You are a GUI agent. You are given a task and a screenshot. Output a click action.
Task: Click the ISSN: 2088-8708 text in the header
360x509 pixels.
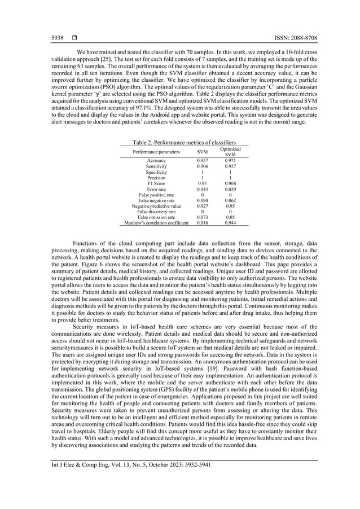tap(294, 38)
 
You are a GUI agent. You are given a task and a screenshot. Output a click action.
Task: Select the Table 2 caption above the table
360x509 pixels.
tap(184, 142)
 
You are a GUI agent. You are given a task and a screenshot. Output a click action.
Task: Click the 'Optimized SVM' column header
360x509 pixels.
tap(230, 152)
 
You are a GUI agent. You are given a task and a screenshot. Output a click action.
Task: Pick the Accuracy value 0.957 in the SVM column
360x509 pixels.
tap(202, 161)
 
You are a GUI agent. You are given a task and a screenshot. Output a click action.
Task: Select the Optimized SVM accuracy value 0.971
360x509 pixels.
tap(230, 161)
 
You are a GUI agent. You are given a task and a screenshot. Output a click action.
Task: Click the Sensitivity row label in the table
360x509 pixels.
tap(156, 166)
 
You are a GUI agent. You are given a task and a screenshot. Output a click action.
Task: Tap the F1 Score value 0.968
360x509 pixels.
tap(230, 183)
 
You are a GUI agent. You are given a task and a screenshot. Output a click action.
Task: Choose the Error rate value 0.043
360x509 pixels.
tap(202, 189)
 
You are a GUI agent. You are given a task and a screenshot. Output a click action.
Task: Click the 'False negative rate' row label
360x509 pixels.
tap(156, 200)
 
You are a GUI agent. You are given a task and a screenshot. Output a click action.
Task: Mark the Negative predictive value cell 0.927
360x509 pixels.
tap(202, 206)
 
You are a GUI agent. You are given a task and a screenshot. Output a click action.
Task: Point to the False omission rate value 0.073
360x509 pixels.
tap(202, 217)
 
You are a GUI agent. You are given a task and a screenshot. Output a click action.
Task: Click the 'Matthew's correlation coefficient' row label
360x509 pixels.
tap(156, 223)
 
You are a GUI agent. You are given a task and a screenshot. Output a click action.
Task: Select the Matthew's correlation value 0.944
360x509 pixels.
tap(230, 223)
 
